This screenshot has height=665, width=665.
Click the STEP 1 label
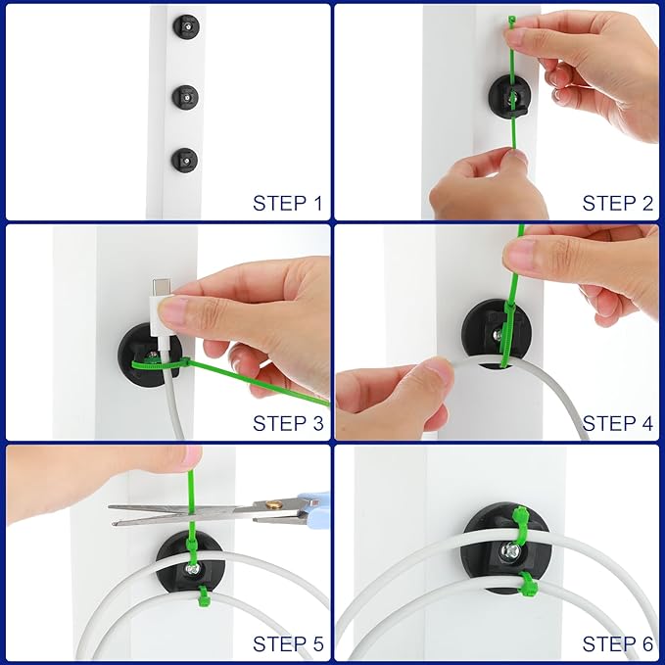point(287,204)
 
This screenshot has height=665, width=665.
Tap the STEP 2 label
point(617,204)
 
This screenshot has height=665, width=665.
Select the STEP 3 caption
point(287,424)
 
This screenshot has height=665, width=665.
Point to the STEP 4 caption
point(617,424)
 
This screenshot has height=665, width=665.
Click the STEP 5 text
point(287,644)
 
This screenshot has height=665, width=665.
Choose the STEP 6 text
point(617,644)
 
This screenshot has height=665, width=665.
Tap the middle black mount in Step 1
point(185,95)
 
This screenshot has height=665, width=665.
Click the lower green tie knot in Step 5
point(203,595)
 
